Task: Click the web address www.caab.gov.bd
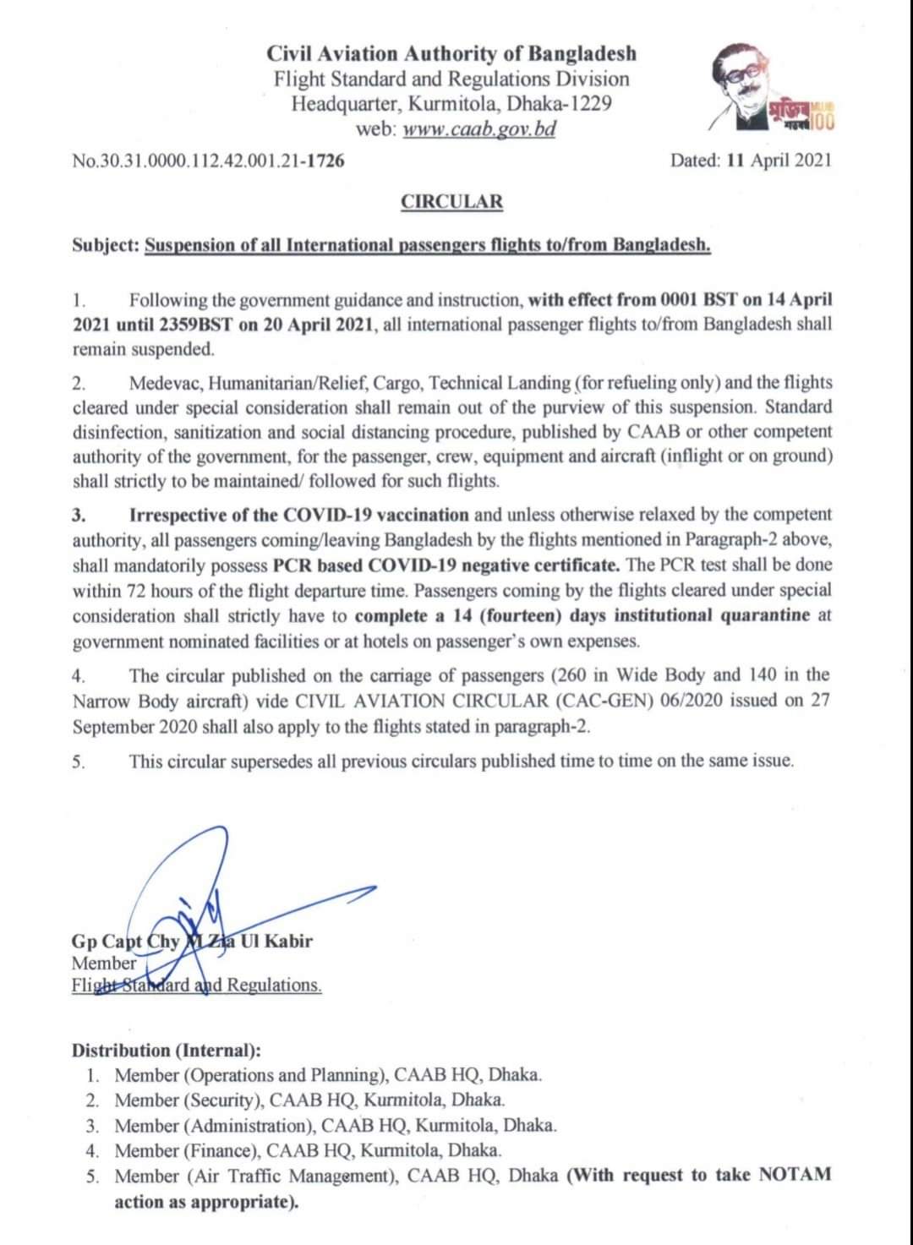click(478, 129)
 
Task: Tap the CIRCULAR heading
click(451, 202)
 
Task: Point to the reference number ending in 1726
click(208, 160)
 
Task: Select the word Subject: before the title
click(106, 245)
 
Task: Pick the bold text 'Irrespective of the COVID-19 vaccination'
click(298, 515)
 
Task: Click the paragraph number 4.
click(79, 675)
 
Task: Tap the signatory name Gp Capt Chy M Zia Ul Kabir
click(192, 941)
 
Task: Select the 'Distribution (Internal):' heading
click(167, 1051)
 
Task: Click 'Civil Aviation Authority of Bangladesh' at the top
click(451, 54)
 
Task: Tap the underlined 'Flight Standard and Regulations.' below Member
click(196, 985)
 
